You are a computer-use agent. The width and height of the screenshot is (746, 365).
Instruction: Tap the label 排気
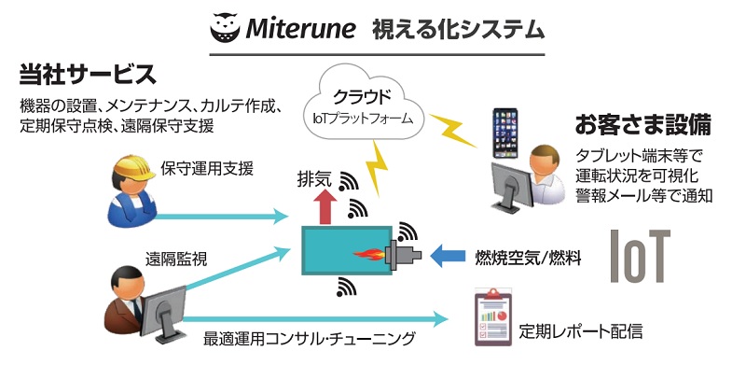tap(312, 175)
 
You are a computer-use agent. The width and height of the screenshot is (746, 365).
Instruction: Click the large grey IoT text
tap(639, 254)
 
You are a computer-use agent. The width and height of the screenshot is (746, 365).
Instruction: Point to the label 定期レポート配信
tap(580, 330)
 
